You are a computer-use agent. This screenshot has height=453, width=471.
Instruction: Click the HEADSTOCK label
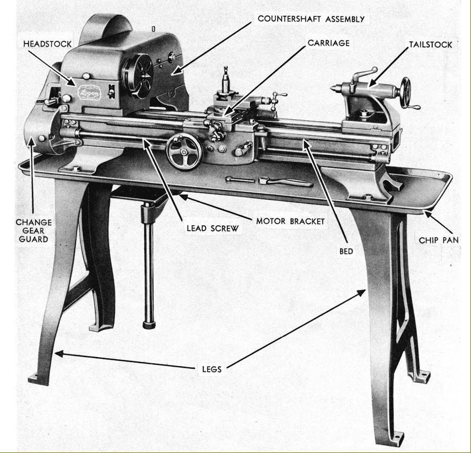(x=47, y=43)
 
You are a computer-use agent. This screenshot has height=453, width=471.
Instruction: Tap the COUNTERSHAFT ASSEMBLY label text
(x=311, y=19)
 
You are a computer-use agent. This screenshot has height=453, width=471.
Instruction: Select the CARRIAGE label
(x=328, y=43)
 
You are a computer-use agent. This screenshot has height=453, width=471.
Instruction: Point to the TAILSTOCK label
(x=430, y=45)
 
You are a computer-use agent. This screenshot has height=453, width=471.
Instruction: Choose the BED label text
(x=346, y=251)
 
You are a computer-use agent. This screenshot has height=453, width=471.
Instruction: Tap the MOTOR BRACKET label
(x=290, y=221)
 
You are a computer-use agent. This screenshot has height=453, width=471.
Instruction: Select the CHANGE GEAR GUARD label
(x=33, y=230)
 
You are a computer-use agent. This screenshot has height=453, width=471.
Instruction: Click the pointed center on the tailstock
(x=333, y=86)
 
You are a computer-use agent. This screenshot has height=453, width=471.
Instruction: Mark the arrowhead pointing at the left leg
(x=60, y=352)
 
